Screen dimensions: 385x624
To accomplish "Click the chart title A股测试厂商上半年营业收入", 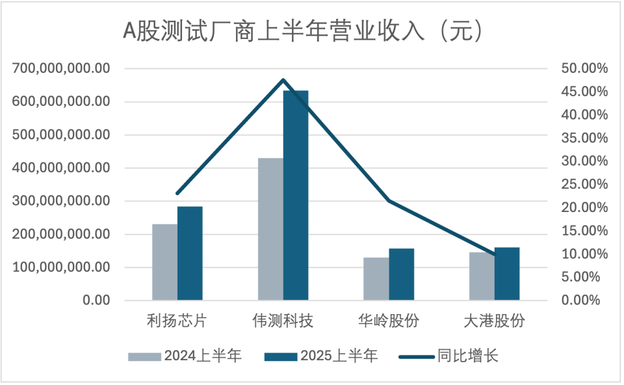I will (303, 31).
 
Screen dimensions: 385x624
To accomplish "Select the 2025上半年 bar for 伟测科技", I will (296, 195).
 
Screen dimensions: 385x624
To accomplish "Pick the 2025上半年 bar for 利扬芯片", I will (190, 253).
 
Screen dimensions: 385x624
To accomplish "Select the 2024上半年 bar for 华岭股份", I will (376, 278).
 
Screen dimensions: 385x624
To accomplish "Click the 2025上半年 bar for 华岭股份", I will (401, 274).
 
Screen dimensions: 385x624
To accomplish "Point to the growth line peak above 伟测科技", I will (283, 80).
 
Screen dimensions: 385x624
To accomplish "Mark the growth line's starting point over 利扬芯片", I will (177, 193).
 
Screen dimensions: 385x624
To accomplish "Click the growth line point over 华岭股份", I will (389, 201).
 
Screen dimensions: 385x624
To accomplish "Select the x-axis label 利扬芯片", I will (177, 321).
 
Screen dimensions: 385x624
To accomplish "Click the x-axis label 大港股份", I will (494, 321).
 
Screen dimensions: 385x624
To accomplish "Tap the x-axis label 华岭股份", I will (388, 321).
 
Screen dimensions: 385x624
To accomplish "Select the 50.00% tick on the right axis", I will (583, 68).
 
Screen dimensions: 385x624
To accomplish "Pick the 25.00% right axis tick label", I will (583, 184).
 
